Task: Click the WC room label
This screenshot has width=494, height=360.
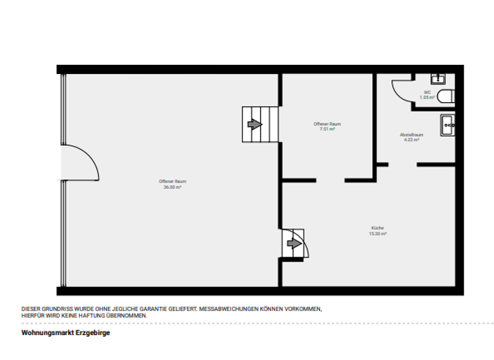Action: tap(427, 93)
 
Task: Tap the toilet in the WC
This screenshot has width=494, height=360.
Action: tap(446, 97)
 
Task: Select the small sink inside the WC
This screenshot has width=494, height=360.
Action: tap(437, 79)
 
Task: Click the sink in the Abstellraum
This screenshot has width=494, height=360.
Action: tap(447, 125)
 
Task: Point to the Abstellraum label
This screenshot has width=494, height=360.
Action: tap(410, 134)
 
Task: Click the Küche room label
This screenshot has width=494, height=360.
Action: tap(378, 229)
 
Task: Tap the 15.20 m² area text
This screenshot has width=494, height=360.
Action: tap(378, 234)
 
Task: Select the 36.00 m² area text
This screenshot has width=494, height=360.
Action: tap(172, 187)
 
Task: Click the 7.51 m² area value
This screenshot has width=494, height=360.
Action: tap(327, 129)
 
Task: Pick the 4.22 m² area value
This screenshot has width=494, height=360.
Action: tap(411, 139)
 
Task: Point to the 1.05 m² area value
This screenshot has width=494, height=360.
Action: tap(427, 98)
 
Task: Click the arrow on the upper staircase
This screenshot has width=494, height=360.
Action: tap(255, 124)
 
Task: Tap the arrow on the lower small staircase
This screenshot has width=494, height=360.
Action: tap(294, 244)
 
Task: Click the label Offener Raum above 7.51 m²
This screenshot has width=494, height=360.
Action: tap(327, 123)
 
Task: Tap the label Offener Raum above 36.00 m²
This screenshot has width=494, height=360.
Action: tap(172, 181)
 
